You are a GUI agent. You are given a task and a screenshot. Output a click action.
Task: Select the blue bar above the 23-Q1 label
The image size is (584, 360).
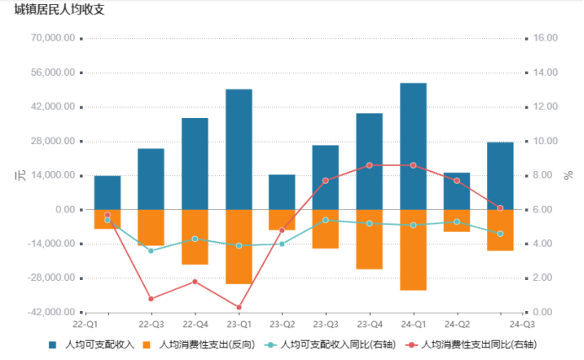pos(238,149)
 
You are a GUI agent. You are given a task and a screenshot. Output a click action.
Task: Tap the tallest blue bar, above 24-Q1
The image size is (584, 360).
pos(413,146)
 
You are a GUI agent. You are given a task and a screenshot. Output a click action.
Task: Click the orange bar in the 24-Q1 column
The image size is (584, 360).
pos(413,250)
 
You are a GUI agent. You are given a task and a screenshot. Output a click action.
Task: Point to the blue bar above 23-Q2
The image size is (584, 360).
pos(282,192)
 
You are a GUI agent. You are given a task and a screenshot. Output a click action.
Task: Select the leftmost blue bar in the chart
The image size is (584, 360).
pos(107,192)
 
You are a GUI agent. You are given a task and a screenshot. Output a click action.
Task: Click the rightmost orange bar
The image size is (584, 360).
pos(501,229)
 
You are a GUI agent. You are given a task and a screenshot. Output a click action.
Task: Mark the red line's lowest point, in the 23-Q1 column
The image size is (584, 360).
pos(238,307)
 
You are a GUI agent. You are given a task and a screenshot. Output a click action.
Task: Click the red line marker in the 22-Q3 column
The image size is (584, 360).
pos(151,298)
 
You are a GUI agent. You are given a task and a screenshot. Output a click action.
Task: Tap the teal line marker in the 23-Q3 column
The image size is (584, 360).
pos(325,220)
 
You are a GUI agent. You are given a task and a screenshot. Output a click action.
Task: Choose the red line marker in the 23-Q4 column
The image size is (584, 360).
pos(369,165)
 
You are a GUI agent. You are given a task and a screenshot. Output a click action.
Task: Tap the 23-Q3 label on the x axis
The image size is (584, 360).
pos(325,323)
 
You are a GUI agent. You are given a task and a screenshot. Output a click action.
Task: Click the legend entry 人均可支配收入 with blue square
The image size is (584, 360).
pos(93,344)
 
